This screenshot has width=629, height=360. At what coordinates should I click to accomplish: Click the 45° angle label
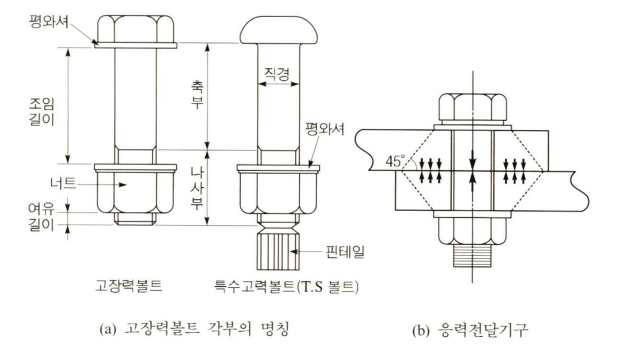click(x=394, y=161)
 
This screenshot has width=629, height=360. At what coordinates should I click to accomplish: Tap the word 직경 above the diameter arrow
click(x=277, y=73)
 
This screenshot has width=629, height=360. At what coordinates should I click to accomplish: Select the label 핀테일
click(x=345, y=252)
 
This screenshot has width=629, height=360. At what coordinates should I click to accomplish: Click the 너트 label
click(x=63, y=183)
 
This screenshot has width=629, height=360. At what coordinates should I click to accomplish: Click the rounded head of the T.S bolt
click(x=279, y=30)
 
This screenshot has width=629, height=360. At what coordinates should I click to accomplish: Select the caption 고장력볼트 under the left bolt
click(x=128, y=286)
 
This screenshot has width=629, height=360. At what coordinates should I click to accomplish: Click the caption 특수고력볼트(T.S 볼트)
click(x=286, y=287)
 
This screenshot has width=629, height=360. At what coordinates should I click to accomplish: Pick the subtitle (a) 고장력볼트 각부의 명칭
click(x=194, y=330)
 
